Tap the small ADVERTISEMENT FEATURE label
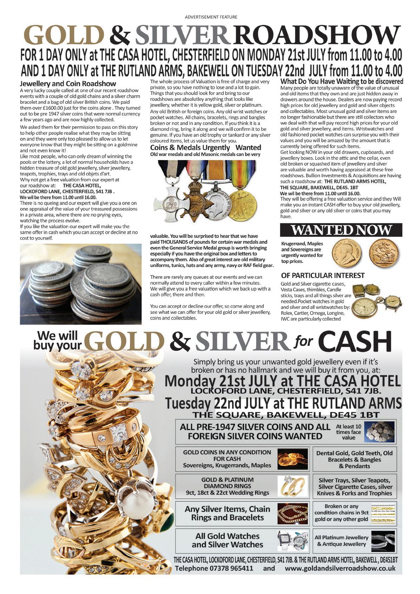tap(211, 17)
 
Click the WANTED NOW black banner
tap(341, 230)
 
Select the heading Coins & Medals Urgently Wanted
tap(206, 147)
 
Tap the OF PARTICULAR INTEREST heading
tap(323, 275)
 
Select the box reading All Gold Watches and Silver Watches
tap(227, 541)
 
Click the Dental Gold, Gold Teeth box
tap(354, 459)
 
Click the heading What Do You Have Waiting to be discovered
tap(342, 82)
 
